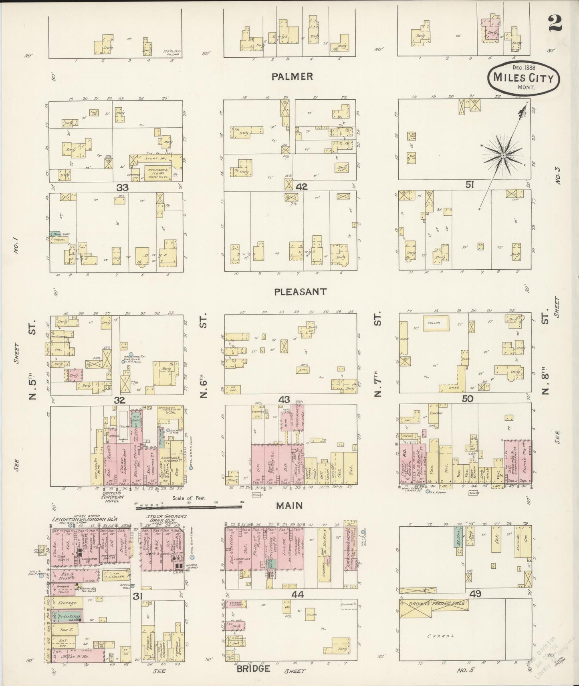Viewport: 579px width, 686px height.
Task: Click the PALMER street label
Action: [x=292, y=76]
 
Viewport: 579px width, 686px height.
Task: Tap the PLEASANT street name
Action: [x=300, y=292]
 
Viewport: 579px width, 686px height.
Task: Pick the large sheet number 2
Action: [x=555, y=23]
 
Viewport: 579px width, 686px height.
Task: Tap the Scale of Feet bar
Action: [x=188, y=507]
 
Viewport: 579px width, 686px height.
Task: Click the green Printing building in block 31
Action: [x=67, y=617]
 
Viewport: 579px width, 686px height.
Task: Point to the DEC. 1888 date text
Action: [x=524, y=67]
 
